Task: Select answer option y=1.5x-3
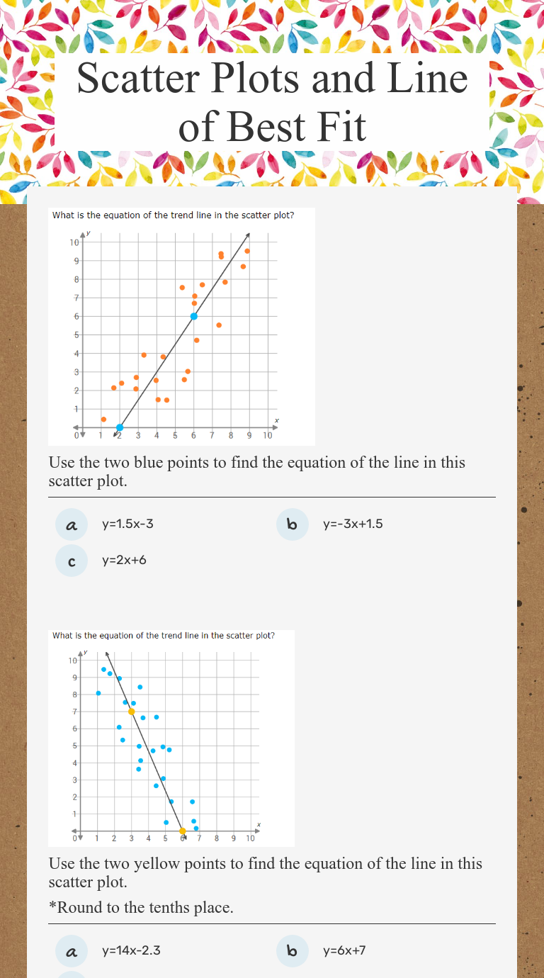click(127, 524)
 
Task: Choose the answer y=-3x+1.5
click(353, 524)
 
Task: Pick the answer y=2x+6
click(124, 561)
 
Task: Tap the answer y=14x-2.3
click(131, 950)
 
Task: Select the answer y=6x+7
click(344, 950)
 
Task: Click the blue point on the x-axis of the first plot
click(120, 427)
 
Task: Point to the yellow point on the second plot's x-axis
click(182, 831)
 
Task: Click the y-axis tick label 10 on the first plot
click(74, 242)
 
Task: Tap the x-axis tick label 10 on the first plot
click(268, 435)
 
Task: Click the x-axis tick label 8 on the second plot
click(217, 838)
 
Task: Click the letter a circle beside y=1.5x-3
click(71, 525)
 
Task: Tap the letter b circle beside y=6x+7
click(292, 951)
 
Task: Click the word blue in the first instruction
click(167, 463)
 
